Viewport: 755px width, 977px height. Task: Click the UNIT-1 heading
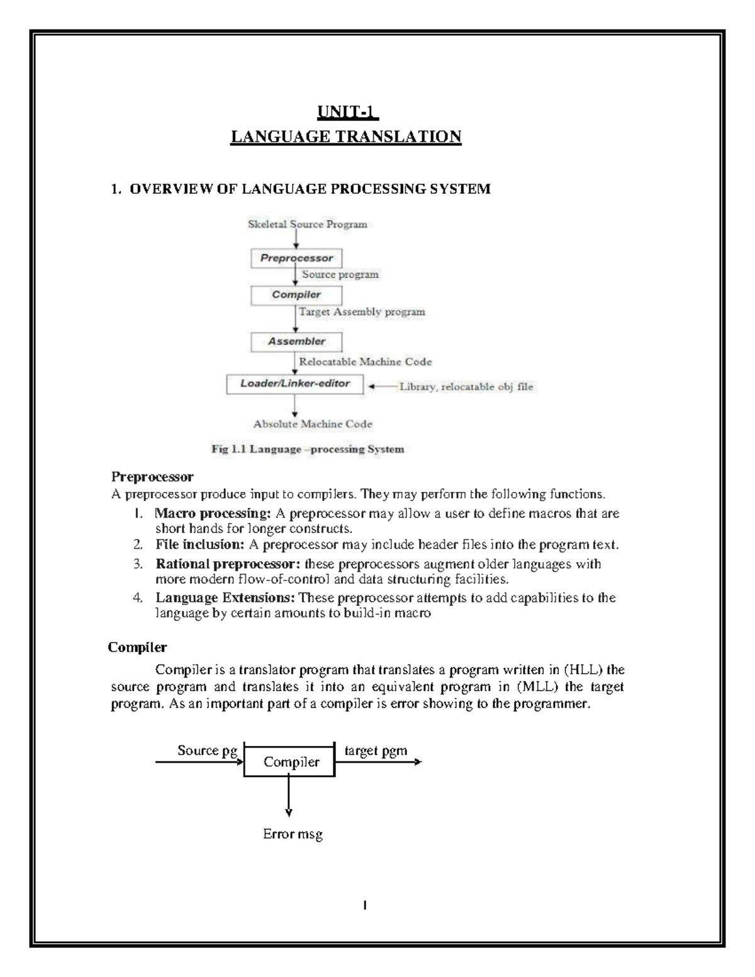pyautogui.click(x=346, y=113)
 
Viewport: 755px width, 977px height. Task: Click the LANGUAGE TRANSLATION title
pyautogui.click(x=346, y=137)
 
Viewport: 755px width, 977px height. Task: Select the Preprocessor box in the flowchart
pyautogui.click(x=296, y=258)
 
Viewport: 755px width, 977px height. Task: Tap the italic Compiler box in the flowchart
pyautogui.click(x=296, y=295)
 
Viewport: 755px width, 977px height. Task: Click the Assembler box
pyautogui.click(x=296, y=342)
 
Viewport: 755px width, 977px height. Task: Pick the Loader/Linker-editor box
pyautogui.click(x=295, y=384)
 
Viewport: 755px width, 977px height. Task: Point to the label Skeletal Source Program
pyautogui.click(x=308, y=224)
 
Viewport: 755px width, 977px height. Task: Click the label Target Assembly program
pyautogui.click(x=362, y=311)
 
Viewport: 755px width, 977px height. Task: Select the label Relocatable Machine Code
pyautogui.click(x=365, y=362)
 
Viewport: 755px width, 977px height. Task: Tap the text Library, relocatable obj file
pyautogui.click(x=466, y=387)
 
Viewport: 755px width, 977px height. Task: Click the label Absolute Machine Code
pyautogui.click(x=313, y=424)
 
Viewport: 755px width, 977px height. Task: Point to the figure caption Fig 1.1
pyautogui.click(x=306, y=449)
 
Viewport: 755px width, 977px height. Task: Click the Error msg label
pyautogui.click(x=293, y=835)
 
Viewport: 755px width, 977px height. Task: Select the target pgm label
pyautogui.click(x=376, y=751)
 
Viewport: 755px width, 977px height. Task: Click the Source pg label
pyautogui.click(x=207, y=751)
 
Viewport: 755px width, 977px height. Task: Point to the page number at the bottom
pyautogui.click(x=365, y=906)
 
